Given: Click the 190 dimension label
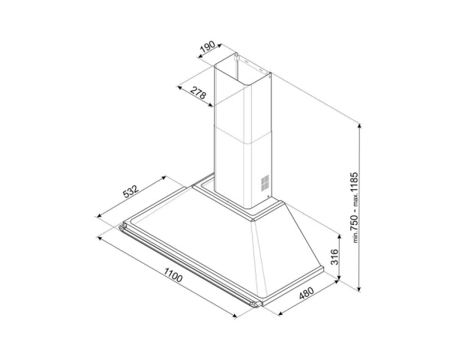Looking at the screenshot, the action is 208,47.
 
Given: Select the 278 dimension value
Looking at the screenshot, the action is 199,93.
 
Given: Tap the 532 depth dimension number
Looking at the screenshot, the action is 130,191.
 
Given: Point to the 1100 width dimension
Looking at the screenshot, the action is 173,274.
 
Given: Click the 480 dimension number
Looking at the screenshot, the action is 307,292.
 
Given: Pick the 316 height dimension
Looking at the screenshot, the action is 334,257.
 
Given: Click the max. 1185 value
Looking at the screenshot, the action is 354,185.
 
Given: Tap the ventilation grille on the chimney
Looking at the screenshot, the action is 265,182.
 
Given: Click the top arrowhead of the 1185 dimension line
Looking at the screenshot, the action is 359,126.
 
